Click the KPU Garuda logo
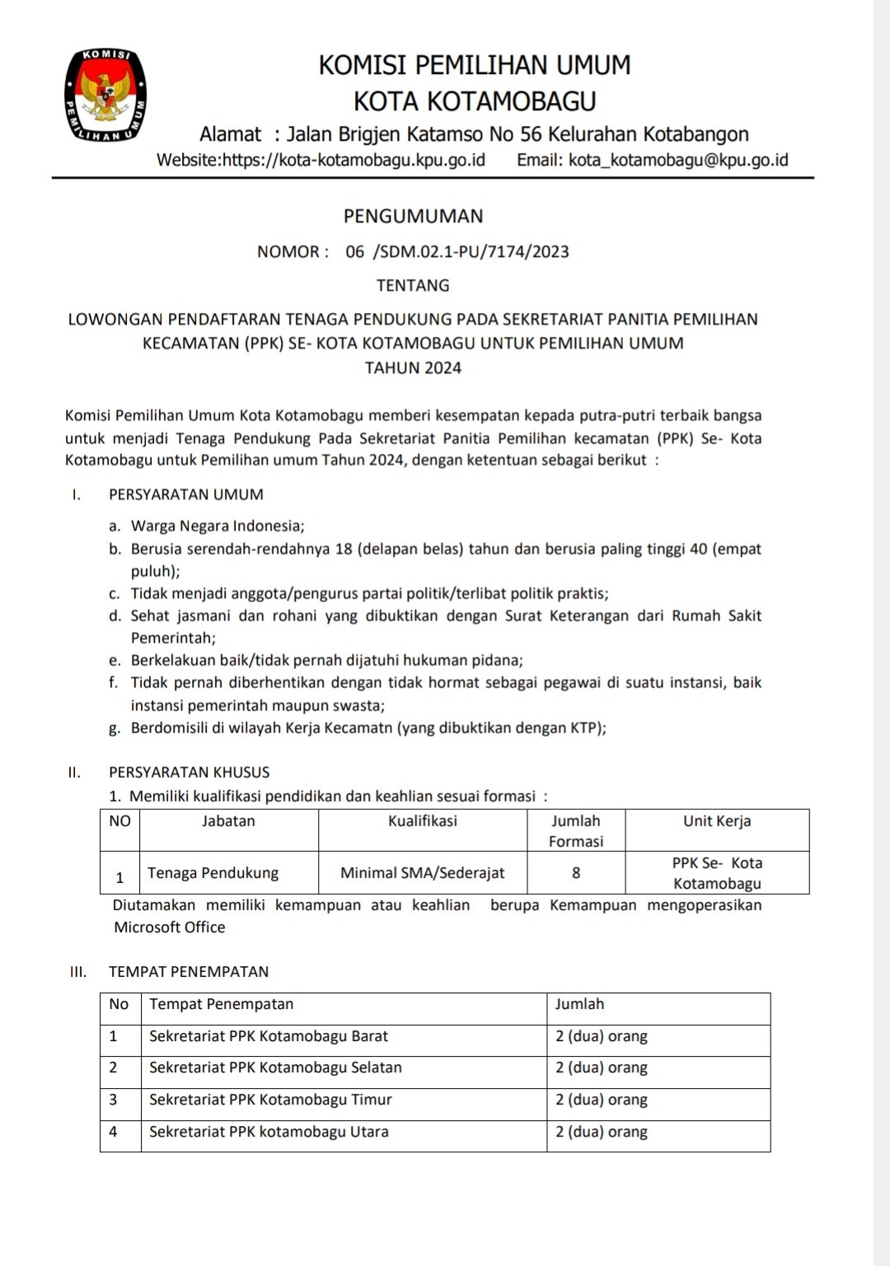tap(105, 96)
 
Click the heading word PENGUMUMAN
tap(413, 217)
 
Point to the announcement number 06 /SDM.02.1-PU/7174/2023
tap(457, 252)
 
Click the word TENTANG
tap(413, 286)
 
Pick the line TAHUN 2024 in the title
tap(413, 368)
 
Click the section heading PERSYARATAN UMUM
tap(186, 495)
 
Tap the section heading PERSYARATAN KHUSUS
tap(190, 773)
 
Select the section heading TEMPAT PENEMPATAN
tap(189, 972)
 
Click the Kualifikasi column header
tap(423, 821)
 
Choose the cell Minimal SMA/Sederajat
tap(423, 873)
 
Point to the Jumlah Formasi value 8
tap(576, 873)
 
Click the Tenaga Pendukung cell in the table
tap(213, 873)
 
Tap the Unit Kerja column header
tap(717, 821)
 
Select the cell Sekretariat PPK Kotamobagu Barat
tap(269, 1036)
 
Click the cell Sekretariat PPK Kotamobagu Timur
tap(270, 1100)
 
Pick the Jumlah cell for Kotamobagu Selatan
tap(602, 1067)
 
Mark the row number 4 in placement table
tap(113, 1132)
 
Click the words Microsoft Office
tap(170, 927)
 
